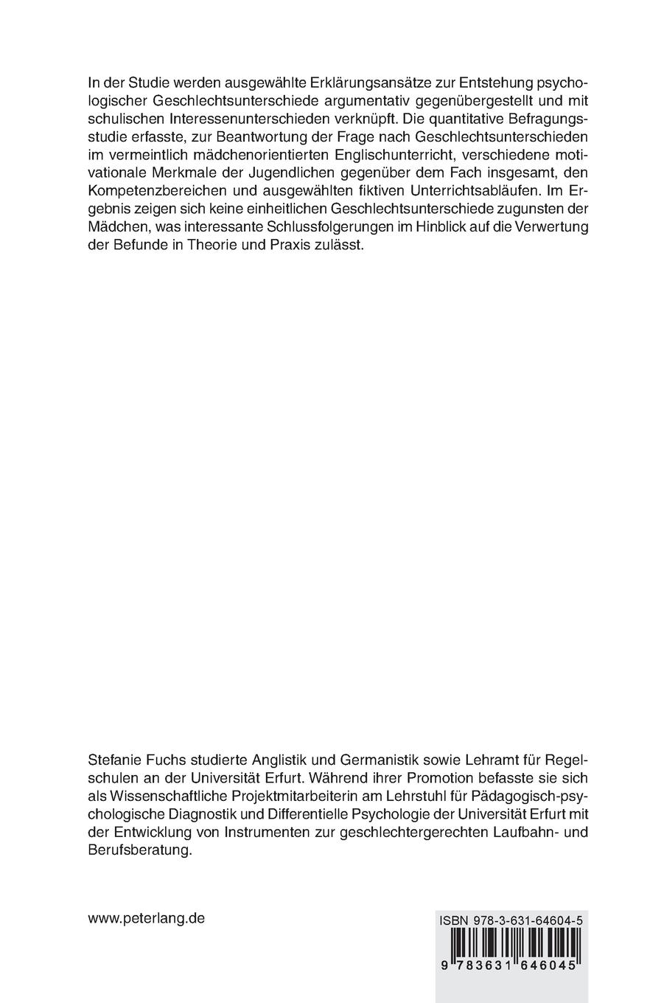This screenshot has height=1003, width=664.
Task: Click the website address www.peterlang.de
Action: (x=146, y=919)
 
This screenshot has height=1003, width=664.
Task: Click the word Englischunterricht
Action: (x=377, y=157)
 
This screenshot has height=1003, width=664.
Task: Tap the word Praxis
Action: (x=282, y=248)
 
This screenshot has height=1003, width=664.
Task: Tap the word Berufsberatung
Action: (x=139, y=850)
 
